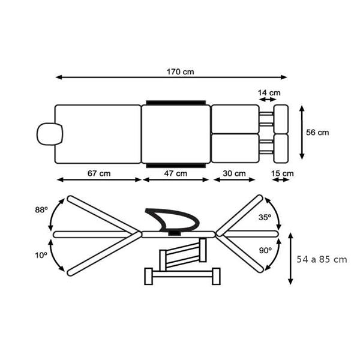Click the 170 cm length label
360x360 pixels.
point(180,72)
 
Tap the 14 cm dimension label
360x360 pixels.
point(269,93)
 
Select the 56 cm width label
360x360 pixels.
point(317,133)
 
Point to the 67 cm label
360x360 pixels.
point(99,173)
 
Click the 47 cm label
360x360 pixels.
point(176,173)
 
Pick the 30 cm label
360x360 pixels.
point(234,173)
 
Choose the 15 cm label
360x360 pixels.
point(283,173)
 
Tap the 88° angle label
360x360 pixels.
point(41,210)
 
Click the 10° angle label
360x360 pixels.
point(41,255)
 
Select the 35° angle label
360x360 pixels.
point(265,217)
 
